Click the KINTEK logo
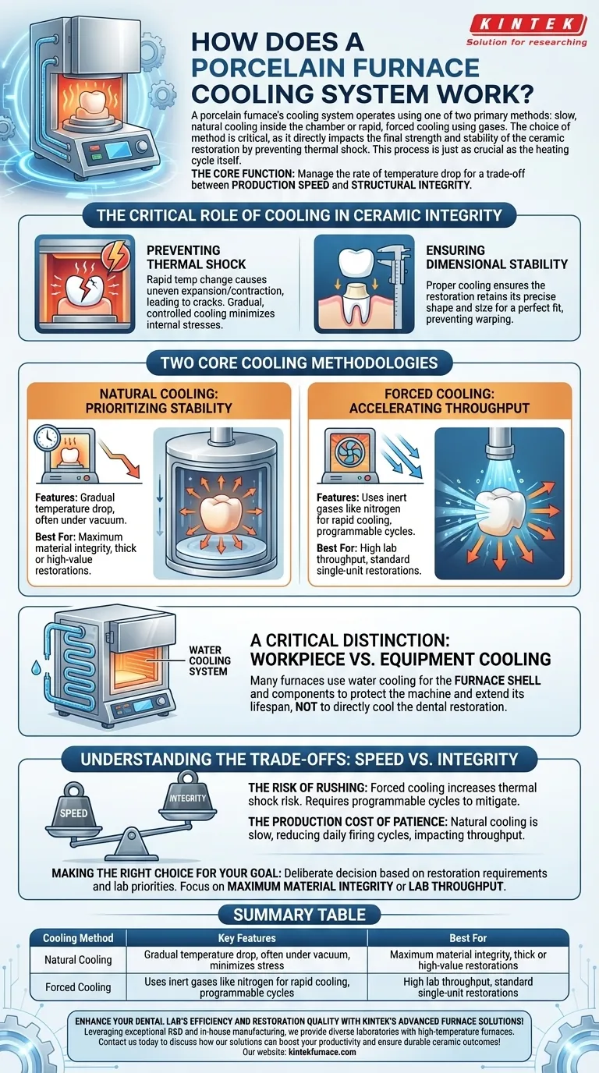click(x=527, y=30)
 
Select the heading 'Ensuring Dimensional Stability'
click(x=497, y=257)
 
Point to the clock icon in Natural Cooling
click(x=47, y=438)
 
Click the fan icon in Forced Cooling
click(x=349, y=453)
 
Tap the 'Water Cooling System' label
click(x=209, y=660)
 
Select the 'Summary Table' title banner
click(x=299, y=915)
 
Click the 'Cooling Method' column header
click(x=78, y=938)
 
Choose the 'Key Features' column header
click(x=246, y=938)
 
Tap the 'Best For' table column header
click(x=468, y=938)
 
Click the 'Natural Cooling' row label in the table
click(x=78, y=960)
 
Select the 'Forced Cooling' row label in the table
click(x=78, y=987)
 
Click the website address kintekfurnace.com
click(x=322, y=1053)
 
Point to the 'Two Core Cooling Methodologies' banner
click(x=299, y=363)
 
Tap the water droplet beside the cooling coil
click(x=36, y=668)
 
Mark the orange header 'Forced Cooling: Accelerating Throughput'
click(x=439, y=401)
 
